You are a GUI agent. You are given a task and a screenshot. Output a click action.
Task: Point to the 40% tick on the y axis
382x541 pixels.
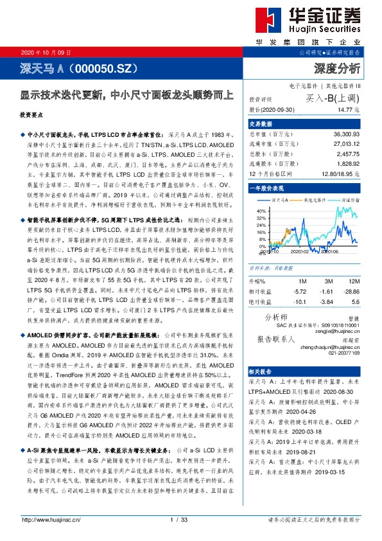[x=261, y=210]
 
